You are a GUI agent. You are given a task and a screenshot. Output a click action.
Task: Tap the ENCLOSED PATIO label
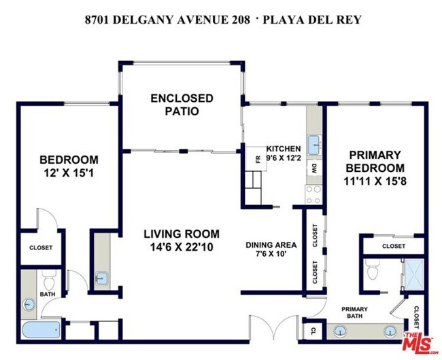tap(182, 105)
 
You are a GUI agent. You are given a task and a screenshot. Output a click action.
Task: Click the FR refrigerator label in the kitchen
tap(258, 160)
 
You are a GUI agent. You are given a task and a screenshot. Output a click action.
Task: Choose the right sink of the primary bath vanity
tap(390, 332)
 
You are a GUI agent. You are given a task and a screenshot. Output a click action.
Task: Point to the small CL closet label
tap(312, 332)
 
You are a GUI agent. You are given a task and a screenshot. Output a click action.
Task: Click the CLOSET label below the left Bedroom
tap(40, 248)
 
